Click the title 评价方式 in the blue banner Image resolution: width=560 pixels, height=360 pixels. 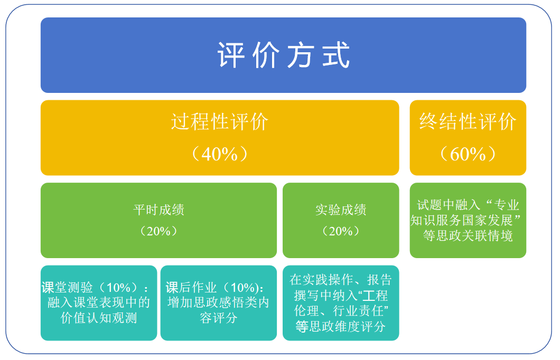(x=284, y=55)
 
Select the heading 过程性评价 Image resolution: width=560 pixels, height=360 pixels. (x=220, y=121)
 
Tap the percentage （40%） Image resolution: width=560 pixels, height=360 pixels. (x=220, y=154)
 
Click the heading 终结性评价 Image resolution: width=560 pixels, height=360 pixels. (x=468, y=121)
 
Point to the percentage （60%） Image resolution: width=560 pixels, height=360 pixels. (x=468, y=154)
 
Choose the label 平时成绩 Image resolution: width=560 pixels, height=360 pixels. (x=159, y=210)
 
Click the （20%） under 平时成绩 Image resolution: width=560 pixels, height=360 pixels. (x=159, y=231)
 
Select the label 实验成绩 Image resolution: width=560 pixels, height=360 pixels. (x=341, y=210)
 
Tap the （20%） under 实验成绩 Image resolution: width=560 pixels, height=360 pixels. (x=341, y=231)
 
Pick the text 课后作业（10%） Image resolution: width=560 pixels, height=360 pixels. (x=212, y=287)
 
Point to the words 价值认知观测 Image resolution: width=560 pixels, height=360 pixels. (x=99, y=318)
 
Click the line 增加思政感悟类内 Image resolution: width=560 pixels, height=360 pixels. (x=219, y=302)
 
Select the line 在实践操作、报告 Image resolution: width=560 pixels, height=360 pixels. (x=341, y=280)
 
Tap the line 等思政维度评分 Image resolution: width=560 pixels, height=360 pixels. (x=341, y=326)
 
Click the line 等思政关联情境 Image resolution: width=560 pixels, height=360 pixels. (x=468, y=236)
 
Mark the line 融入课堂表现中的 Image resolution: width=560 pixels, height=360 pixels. (x=99, y=302)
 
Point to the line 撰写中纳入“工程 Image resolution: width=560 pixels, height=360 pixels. (x=341, y=296)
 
